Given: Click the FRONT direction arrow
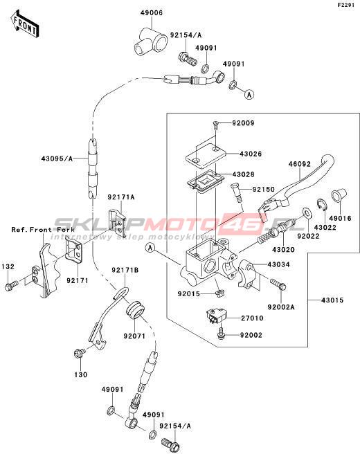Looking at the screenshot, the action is tap(24, 24).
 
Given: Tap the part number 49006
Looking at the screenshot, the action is tap(152, 12).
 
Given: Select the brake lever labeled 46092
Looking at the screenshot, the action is tap(296, 188).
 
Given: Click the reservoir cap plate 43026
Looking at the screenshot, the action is tap(206, 156).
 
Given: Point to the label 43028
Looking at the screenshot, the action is tap(244, 174).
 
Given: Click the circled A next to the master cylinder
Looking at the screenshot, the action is tap(150, 248).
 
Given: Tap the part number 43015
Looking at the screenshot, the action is tap(332, 300).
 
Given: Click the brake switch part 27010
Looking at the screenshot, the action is tap(217, 316).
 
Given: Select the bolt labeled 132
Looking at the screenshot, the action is tap(11, 285).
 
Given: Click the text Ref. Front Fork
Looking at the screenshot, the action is tap(43, 230).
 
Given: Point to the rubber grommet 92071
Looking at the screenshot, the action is tap(135, 310).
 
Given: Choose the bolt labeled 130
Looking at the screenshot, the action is tap(80, 353).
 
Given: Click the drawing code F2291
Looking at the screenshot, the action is tap(345, 6).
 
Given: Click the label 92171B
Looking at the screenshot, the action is tap(125, 270).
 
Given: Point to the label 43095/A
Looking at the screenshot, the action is tap(57, 158).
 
